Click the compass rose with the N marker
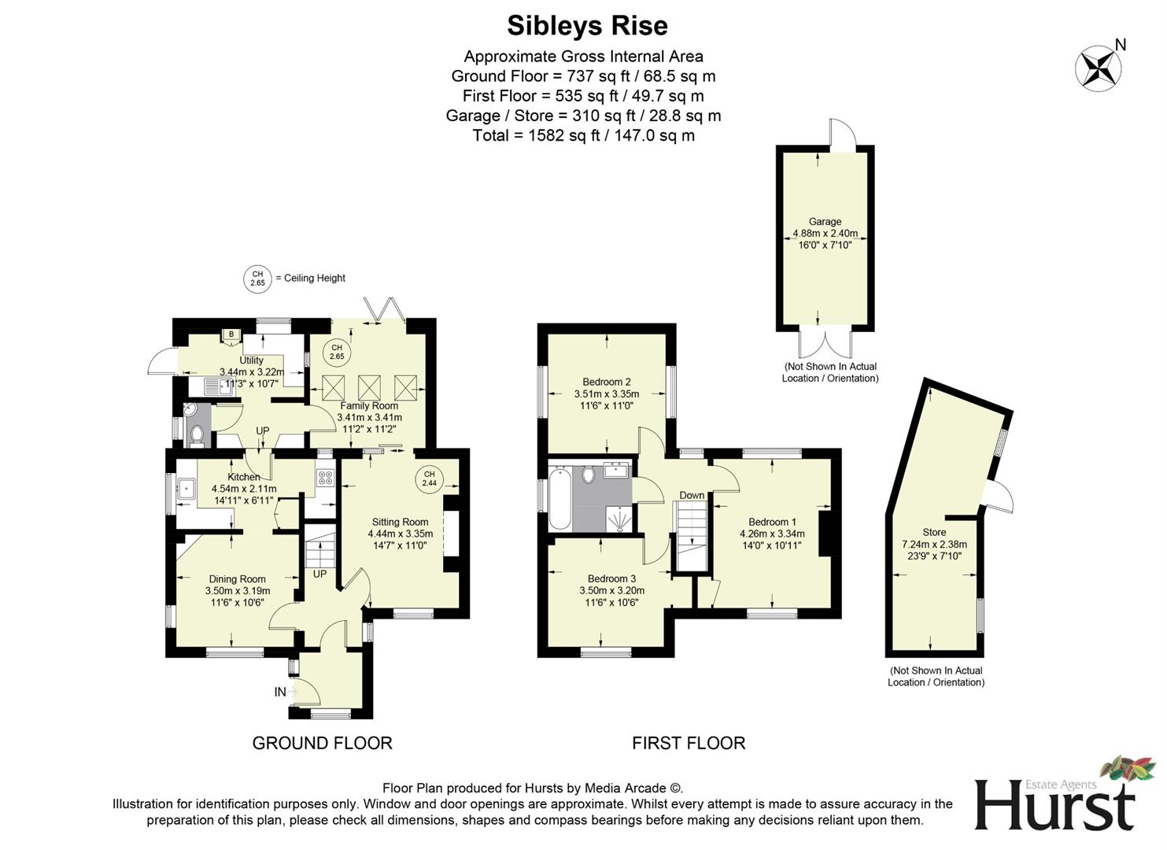[x=1099, y=68]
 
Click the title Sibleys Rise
[x=587, y=25]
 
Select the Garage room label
[x=825, y=222]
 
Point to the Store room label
[x=934, y=533]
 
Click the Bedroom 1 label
[x=772, y=522]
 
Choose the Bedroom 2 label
[x=607, y=382]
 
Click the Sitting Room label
[x=400, y=522]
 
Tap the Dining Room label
[x=237, y=579]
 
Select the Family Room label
[x=369, y=406]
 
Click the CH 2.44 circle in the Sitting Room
[x=429, y=479]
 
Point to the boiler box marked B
[x=231, y=335]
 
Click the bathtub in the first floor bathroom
[x=560, y=498]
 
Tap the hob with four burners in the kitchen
[x=324, y=477]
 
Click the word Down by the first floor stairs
[x=692, y=495]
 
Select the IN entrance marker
[x=280, y=692]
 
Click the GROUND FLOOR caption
[x=322, y=743]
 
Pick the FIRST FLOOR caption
[x=689, y=743]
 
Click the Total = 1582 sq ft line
[x=583, y=135]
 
